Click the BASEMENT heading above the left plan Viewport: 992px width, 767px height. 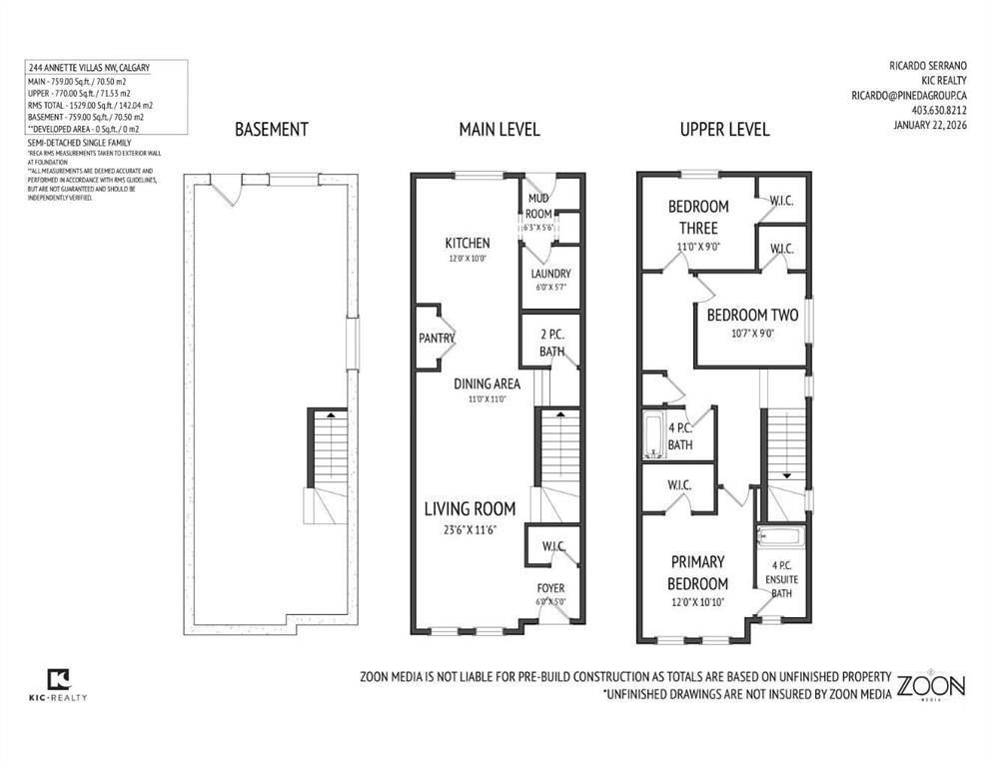tap(271, 130)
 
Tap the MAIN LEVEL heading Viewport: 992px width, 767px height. tap(498, 130)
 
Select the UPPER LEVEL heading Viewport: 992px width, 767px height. tap(724, 130)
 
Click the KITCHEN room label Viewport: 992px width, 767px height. tap(467, 243)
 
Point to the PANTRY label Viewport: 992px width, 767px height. tap(437, 339)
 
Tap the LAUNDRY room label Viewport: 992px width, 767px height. tap(550, 274)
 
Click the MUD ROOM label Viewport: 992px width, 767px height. tap(538, 205)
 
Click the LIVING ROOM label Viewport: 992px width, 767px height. tap(469, 509)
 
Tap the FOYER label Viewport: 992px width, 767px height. tap(551, 589)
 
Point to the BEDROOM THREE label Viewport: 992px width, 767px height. tap(698, 217)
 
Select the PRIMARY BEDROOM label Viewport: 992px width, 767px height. tap(698, 572)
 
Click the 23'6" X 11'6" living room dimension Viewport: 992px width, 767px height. tap(469, 529)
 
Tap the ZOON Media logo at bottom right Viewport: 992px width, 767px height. tap(930, 687)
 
